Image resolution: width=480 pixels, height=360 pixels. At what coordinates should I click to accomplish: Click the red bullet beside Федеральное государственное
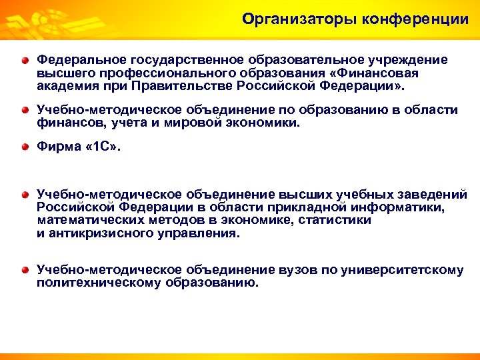click(x=25, y=61)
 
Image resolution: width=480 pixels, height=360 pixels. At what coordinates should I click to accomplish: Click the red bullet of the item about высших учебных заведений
click(x=25, y=195)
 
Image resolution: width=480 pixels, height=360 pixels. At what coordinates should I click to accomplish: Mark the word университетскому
click(x=402, y=270)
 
